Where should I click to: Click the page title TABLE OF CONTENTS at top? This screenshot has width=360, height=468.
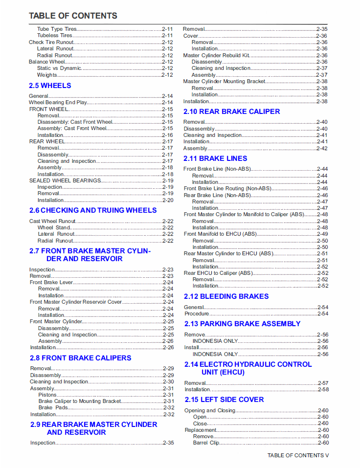(x=73, y=16)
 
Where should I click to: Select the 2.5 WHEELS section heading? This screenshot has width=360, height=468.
(x=50, y=86)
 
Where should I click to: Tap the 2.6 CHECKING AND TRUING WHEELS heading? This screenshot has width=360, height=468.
(x=93, y=210)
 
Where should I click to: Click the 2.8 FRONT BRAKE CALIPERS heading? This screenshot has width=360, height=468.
(x=81, y=358)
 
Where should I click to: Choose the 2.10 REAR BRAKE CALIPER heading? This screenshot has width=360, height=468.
(x=232, y=111)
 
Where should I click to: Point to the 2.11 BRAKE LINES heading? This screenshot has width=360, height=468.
(x=215, y=158)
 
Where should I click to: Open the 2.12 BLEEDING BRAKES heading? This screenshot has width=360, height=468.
(x=226, y=296)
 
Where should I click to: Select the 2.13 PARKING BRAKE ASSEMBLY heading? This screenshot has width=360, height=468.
(x=242, y=324)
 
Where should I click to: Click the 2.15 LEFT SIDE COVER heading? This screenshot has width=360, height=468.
(x=224, y=400)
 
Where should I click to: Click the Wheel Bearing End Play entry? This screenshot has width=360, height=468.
(x=58, y=103)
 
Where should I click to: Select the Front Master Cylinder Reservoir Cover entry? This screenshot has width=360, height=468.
(x=76, y=302)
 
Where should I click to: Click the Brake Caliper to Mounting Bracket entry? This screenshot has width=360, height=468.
(x=80, y=401)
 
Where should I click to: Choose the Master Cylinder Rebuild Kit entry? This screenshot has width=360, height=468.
(x=216, y=55)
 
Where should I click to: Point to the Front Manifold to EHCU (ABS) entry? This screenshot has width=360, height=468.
(x=221, y=234)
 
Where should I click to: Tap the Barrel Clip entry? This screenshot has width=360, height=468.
(x=206, y=443)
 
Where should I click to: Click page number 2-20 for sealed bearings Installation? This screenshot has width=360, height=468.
(x=168, y=200)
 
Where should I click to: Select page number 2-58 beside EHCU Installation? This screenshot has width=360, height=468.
(x=323, y=390)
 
